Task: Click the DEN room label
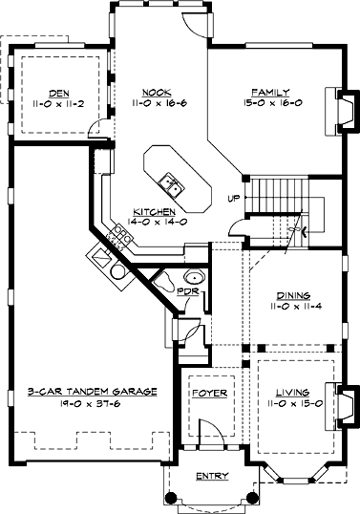tap(59, 94)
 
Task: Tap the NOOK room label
tap(157, 93)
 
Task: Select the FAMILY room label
tap(270, 92)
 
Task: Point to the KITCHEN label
tap(155, 211)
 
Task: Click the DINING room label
tap(294, 295)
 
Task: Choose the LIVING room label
tap(292, 392)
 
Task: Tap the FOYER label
tap(210, 393)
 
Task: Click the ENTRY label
tap(212, 476)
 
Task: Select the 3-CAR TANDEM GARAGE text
tap(92, 392)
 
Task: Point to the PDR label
tap(188, 291)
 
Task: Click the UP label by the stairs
tap(234, 199)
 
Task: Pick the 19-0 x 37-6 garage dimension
tap(90, 403)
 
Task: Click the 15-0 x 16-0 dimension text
tap(272, 103)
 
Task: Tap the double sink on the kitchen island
tap(172, 185)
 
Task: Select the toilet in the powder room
tap(166, 282)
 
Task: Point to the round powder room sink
tap(195, 277)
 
